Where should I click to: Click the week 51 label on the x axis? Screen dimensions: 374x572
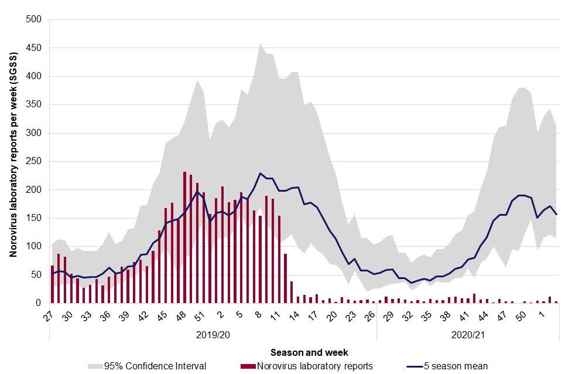click(x=200, y=315)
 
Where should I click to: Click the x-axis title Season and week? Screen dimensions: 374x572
click(x=310, y=352)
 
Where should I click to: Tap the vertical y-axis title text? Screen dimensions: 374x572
click(x=13, y=155)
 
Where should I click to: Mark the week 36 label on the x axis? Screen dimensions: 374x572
click(x=105, y=315)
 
